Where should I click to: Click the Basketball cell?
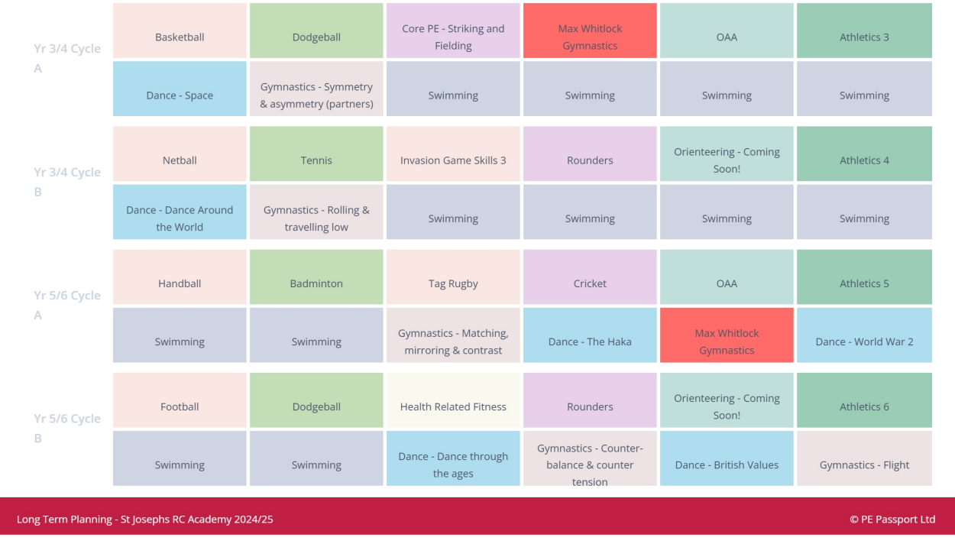point(180,37)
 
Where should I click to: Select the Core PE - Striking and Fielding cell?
point(453,37)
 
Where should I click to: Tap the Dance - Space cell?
point(180,95)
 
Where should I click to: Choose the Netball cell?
point(180,160)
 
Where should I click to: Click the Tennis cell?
point(316,160)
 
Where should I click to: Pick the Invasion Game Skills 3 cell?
point(453,160)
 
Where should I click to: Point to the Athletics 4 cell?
point(864,160)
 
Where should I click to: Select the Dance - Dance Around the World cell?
point(180,218)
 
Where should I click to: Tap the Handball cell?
point(180,283)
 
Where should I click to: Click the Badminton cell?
point(316,283)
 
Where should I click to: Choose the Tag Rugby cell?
point(453,283)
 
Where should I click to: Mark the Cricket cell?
point(590,283)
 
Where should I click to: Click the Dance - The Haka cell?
point(590,341)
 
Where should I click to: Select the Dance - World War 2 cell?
point(864,341)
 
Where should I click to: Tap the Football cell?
point(180,406)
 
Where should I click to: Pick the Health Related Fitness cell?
point(453,406)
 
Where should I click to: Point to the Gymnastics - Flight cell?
point(864,464)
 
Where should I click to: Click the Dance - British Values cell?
point(727,464)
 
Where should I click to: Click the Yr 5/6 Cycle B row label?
point(67,428)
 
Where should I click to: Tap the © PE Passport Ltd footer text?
point(892,519)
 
